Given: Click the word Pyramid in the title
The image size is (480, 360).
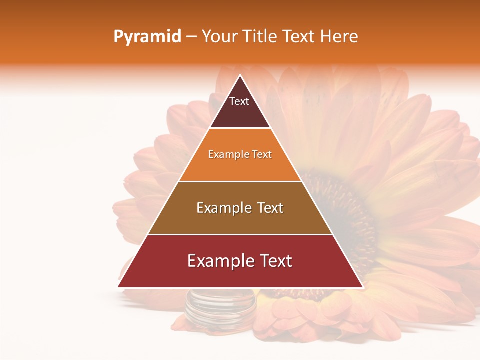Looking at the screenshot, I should click(147, 37).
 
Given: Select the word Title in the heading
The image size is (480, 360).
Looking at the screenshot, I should click(260, 37).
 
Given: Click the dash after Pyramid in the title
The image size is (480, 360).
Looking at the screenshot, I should click(191, 37).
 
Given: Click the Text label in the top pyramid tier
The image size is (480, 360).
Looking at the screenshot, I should click(239, 102).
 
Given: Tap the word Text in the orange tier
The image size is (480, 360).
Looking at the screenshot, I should click(262, 155).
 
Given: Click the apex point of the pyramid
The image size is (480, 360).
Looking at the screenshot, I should click(240, 75).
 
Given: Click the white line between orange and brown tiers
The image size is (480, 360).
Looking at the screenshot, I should click(240, 181).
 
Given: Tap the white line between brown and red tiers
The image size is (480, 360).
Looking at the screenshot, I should click(240, 234).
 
